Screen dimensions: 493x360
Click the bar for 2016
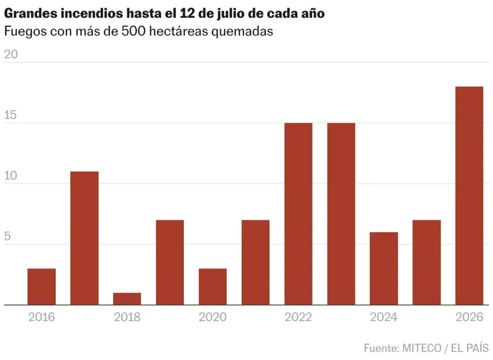41,287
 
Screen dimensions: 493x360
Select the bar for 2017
84,238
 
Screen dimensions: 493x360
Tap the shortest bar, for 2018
127,299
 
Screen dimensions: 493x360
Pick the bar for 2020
212,287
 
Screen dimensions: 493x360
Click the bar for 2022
298,214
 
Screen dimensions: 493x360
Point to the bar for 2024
384,268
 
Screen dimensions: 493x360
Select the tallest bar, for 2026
469,196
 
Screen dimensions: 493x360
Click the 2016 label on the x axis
41,317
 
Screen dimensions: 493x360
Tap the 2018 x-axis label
127,317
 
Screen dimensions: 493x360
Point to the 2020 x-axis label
212,317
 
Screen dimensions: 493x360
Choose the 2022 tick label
298,317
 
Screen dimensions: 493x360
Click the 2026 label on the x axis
469,317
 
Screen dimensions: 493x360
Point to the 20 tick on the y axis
11,54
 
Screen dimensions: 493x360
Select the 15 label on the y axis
11,115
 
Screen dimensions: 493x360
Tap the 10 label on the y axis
11,175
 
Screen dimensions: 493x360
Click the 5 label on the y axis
7,236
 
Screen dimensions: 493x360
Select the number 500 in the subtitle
133,31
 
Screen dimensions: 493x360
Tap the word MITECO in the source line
422,348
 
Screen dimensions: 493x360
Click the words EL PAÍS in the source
470,347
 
